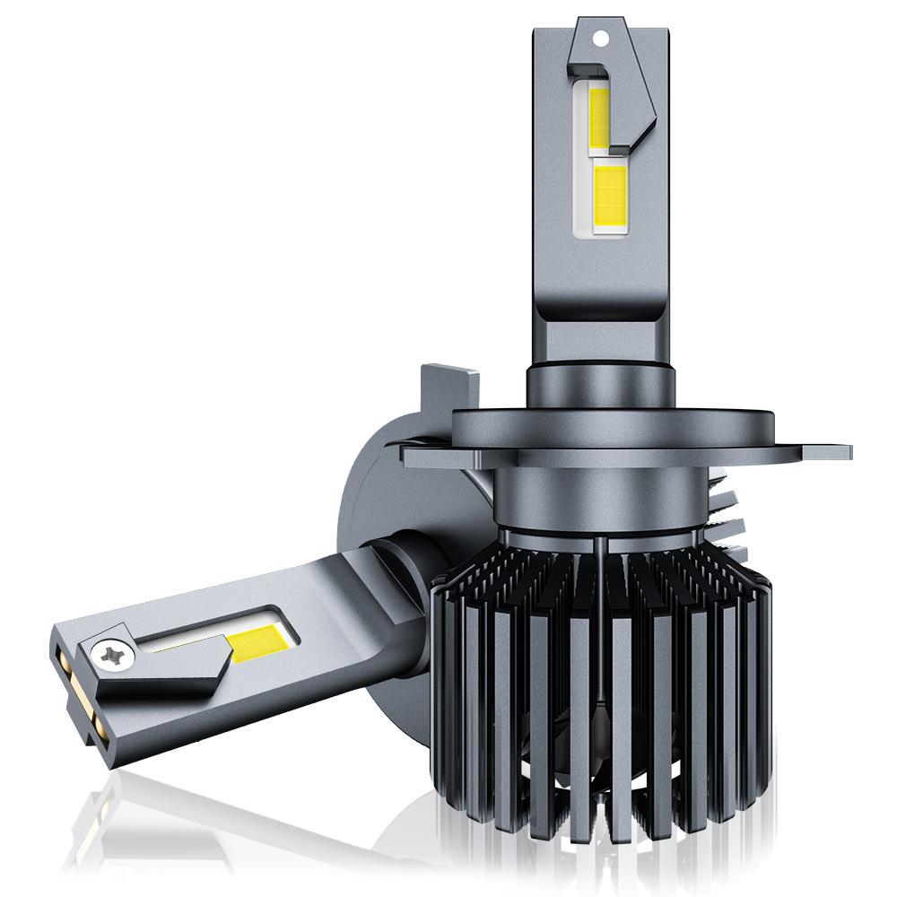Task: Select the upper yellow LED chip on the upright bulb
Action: click(599, 118)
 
